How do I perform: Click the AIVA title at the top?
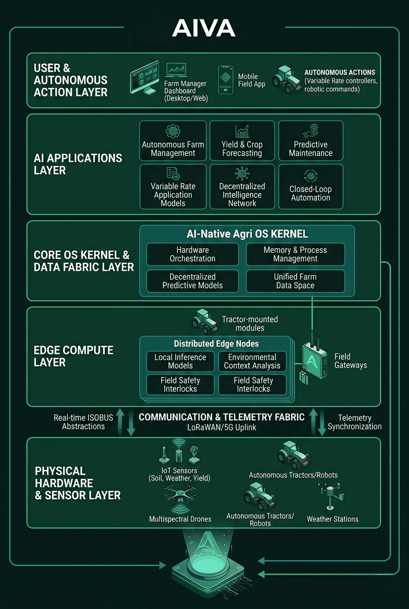pos(204,28)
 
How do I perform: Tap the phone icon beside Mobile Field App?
pos(226,80)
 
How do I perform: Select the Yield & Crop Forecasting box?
pos(242,141)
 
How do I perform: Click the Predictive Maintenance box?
pos(311,141)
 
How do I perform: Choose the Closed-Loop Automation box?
pos(311,186)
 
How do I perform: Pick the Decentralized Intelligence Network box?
pos(242,186)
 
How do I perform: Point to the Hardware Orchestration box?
pos(192,254)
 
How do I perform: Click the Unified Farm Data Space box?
pos(295,281)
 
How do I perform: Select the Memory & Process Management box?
pos(295,254)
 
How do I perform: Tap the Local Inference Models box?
pos(180,361)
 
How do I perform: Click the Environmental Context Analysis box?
pos(252,361)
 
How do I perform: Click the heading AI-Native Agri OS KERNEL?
pos(247,234)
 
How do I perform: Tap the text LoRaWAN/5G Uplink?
pos(221,427)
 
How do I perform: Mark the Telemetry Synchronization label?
pos(354,422)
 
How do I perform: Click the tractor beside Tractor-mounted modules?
pos(205,321)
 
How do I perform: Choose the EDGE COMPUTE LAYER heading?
pos(73,356)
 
